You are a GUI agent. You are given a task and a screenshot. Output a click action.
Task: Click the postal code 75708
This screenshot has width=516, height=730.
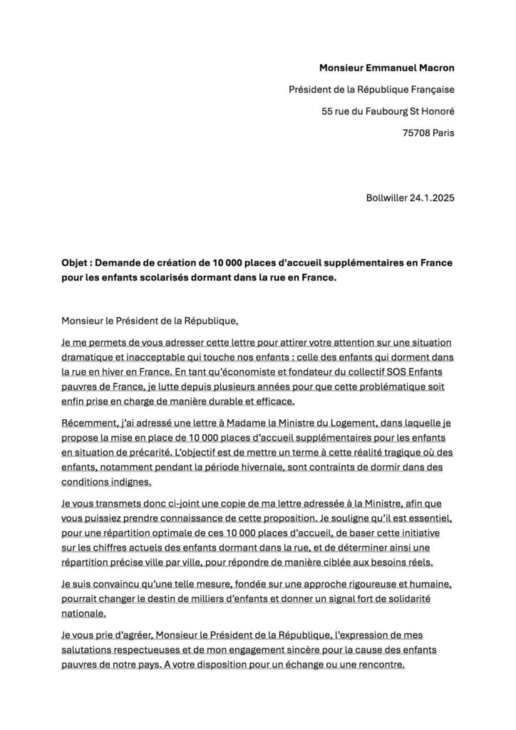pos(417,133)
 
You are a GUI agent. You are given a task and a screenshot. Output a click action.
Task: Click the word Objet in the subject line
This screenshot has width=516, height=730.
pos(75,262)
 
